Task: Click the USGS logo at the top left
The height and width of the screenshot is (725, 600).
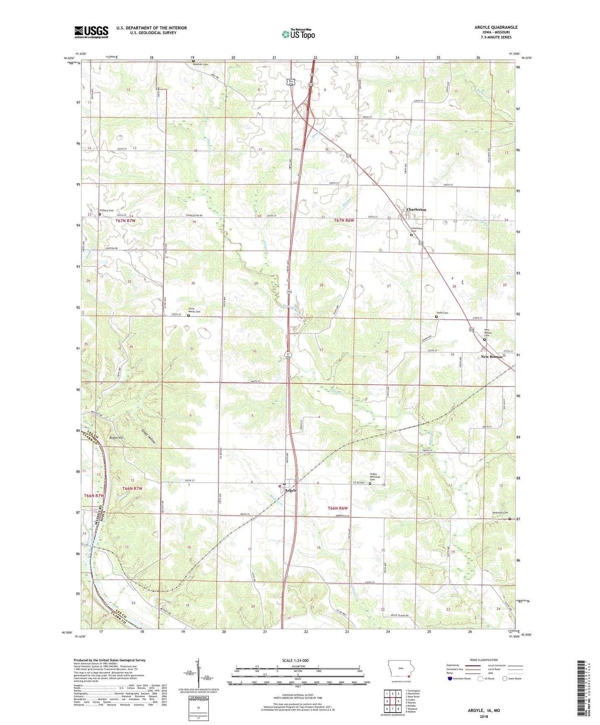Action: pos(91,32)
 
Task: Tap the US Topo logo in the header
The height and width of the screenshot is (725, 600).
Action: pos(298,34)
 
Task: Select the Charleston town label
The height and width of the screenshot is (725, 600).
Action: pos(416,210)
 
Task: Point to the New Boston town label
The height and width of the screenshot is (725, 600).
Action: pos(491,357)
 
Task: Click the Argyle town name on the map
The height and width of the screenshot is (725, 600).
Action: pos(291,490)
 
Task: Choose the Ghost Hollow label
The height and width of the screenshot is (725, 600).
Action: pos(148,436)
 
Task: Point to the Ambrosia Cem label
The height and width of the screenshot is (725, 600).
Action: pos(500,513)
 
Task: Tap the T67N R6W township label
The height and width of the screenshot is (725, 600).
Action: pos(344,220)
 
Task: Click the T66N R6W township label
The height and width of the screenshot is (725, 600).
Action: pos(337,508)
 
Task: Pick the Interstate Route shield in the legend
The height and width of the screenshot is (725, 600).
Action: pos(451,678)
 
